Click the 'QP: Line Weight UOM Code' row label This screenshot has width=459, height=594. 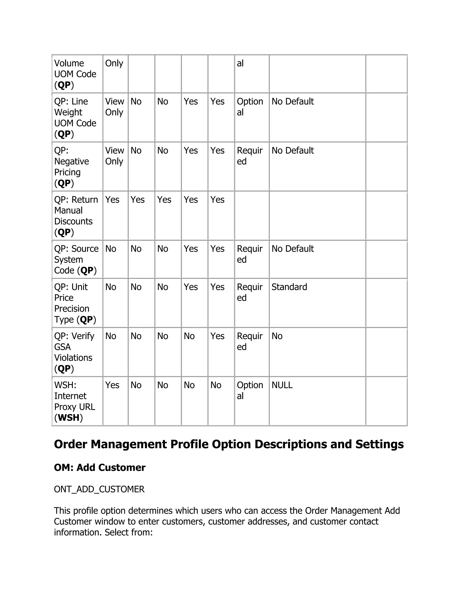click(x=75, y=117)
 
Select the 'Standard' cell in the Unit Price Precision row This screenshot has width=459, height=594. click(x=289, y=287)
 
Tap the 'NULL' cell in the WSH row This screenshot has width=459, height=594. click(x=282, y=385)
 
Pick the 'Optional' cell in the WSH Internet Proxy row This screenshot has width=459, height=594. click(x=250, y=390)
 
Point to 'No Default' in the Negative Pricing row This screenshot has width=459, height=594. click(x=292, y=150)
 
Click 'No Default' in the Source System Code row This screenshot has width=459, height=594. click(x=292, y=249)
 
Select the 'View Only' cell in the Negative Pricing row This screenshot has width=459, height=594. click(x=115, y=156)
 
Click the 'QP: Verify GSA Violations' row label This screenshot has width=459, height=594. click(x=74, y=352)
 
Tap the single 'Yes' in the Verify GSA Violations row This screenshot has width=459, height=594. click(x=217, y=336)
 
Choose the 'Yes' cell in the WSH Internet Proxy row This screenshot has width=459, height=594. click(x=112, y=385)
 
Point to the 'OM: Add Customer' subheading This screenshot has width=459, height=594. click(x=100, y=468)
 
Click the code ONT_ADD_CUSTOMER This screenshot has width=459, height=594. click(x=99, y=489)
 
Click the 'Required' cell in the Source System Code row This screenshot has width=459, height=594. click(x=249, y=254)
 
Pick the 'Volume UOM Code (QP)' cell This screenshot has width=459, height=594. click(x=75, y=74)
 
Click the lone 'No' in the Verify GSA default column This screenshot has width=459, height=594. click(x=277, y=336)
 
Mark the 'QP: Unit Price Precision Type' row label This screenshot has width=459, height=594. click(x=75, y=303)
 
